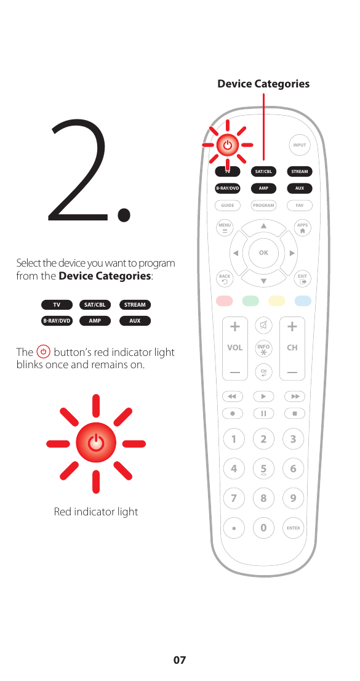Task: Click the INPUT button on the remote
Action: [x=299, y=145]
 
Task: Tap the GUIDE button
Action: [x=228, y=205]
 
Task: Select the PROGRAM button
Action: [x=263, y=205]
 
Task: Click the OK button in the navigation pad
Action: [x=263, y=252]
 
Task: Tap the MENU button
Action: [x=225, y=228]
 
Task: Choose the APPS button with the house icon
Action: [x=302, y=228]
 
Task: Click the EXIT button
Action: [x=302, y=279]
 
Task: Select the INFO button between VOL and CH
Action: [x=263, y=349]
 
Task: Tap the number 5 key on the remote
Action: [x=263, y=469]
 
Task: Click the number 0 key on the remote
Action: [x=263, y=528]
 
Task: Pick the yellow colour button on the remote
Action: [x=276, y=301]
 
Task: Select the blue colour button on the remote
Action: [x=302, y=301]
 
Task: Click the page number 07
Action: [x=179, y=660]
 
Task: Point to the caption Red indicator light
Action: [x=96, y=512]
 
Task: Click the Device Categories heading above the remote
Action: [x=263, y=84]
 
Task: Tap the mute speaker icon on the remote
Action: [x=263, y=324]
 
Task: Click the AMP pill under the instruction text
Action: [x=95, y=321]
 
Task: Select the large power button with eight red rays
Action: [x=95, y=443]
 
